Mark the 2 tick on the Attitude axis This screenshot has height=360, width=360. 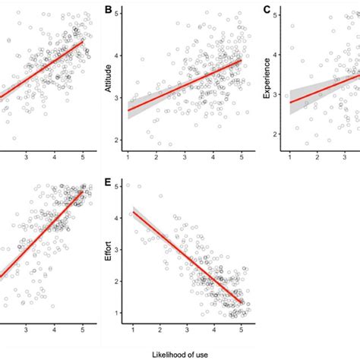coord(119,141)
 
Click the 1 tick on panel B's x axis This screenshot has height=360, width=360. coord(128,156)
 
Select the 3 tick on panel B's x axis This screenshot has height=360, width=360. coord(185,156)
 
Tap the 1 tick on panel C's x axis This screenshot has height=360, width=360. coord(290,156)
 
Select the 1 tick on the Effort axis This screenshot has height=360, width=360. coord(119,313)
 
